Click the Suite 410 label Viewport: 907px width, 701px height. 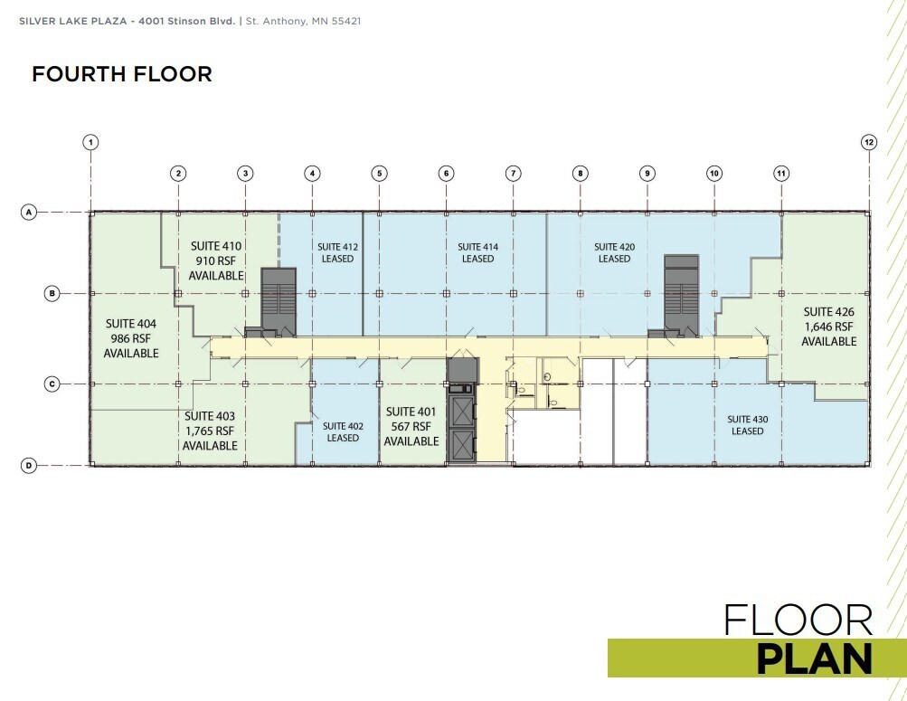point(217,260)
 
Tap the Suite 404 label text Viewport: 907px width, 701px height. point(131,338)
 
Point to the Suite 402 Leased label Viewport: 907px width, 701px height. point(343,431)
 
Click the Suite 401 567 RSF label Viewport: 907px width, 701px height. point(411,426)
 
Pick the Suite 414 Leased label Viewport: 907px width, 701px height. point(477,252)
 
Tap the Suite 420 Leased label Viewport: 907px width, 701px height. point(613,252)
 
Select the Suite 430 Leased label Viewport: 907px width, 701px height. point(747,425)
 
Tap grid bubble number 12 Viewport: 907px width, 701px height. point(869,142)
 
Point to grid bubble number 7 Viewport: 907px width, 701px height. point(513,173)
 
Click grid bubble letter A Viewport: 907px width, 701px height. point(29,213)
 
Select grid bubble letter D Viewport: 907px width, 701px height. point(29,466)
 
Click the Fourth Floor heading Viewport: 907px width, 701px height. point(122,74)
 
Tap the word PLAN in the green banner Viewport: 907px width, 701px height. point(813,659)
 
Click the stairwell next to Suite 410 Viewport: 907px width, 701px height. point(279,298)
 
